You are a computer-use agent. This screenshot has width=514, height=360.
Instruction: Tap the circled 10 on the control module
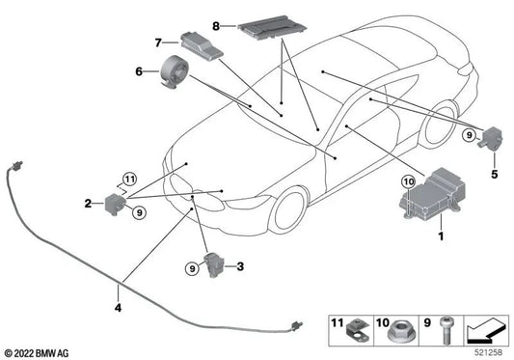point(407,180)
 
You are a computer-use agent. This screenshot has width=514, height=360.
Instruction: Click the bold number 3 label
point(240,265)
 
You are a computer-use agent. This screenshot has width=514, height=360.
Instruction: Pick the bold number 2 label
point(88,203)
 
